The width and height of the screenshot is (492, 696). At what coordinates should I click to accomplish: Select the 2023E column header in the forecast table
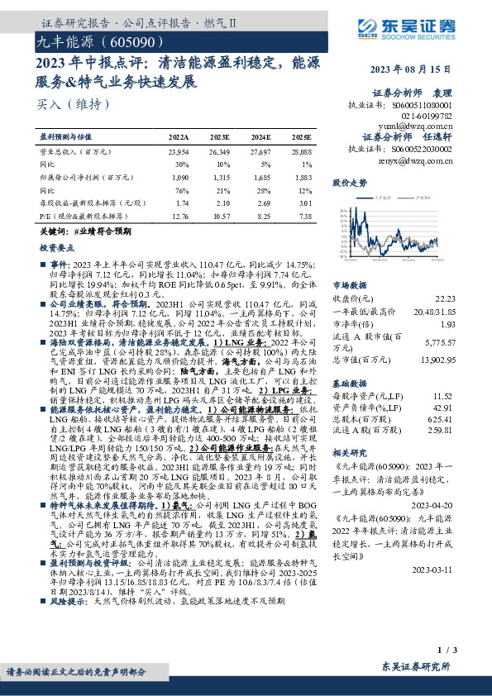220,135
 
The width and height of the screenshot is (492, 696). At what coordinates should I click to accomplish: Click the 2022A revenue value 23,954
179,153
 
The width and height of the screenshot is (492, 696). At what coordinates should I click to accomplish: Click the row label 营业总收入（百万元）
75,153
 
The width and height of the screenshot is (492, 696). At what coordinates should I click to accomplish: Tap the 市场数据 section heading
350,283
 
